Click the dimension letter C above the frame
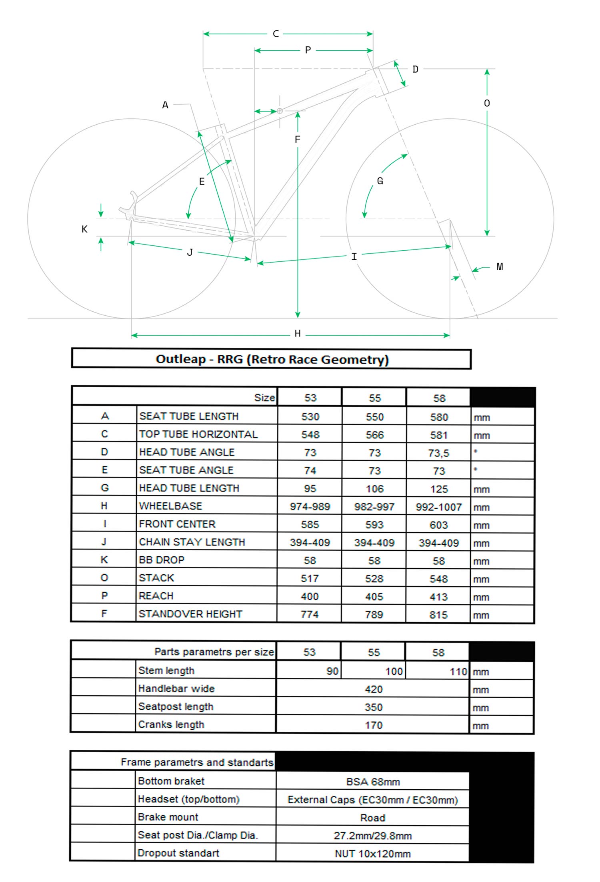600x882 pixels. tap(276, 34)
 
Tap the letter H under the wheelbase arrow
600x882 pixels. tap(297, 334)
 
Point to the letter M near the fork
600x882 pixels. tap(500, 267)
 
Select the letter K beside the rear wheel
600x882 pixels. tap(84, 229)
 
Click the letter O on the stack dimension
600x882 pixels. tap(487, 104)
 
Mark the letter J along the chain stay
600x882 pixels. tap(190, 253)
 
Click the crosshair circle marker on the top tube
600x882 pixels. tap(280, 111)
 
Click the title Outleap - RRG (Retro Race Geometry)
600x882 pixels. tap(272, 359)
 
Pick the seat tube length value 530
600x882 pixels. tap(310, 417)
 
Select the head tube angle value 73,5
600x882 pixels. tap(438, 453)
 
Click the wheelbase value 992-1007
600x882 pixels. tap(438, 507)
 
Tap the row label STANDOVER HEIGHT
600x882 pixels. tap(190, 614)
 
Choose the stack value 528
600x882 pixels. tap(374, 579)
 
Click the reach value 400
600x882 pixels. tap(310, 597)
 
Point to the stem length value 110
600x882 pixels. tap(458, 671)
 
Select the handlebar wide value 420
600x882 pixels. tap(374, 689)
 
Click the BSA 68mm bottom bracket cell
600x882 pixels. tap(373, 782)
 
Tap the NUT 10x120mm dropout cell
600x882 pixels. tap(373, 854)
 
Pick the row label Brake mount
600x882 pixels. tap(168, 817)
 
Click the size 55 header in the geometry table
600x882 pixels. tap(374, 398)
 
